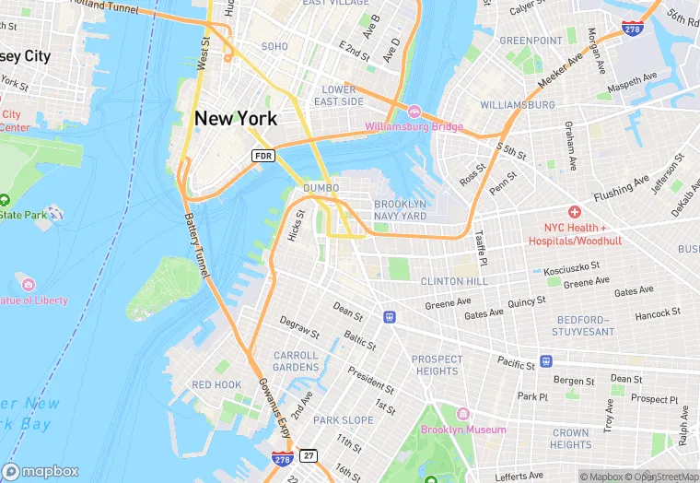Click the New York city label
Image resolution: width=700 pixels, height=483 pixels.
tap(235, 118)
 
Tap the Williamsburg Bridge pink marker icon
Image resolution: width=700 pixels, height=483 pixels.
tap(414, 112)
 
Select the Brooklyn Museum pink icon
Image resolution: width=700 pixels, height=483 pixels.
tap(463, 414)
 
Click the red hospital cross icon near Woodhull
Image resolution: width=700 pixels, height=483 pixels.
tap(574, 212)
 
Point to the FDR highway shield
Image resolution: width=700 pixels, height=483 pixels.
tap(263, 156)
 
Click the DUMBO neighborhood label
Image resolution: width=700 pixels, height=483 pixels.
tap(321, 188)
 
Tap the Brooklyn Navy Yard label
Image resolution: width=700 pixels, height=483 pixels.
tap(400, 209)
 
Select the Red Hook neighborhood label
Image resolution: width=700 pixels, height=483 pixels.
tap(216, 384)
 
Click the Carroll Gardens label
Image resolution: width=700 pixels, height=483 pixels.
tap(296, 361)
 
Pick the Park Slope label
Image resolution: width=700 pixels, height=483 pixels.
tap(343, 419)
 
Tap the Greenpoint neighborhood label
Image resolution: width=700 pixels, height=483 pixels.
tap(531, 41)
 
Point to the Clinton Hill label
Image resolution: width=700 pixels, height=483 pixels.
tap(454, 280)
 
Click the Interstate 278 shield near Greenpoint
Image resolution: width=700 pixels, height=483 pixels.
tap(632, 29)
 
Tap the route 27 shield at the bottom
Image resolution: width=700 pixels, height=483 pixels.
tap(309, 455)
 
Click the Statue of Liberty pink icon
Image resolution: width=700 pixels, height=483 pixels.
tap(27, 285)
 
